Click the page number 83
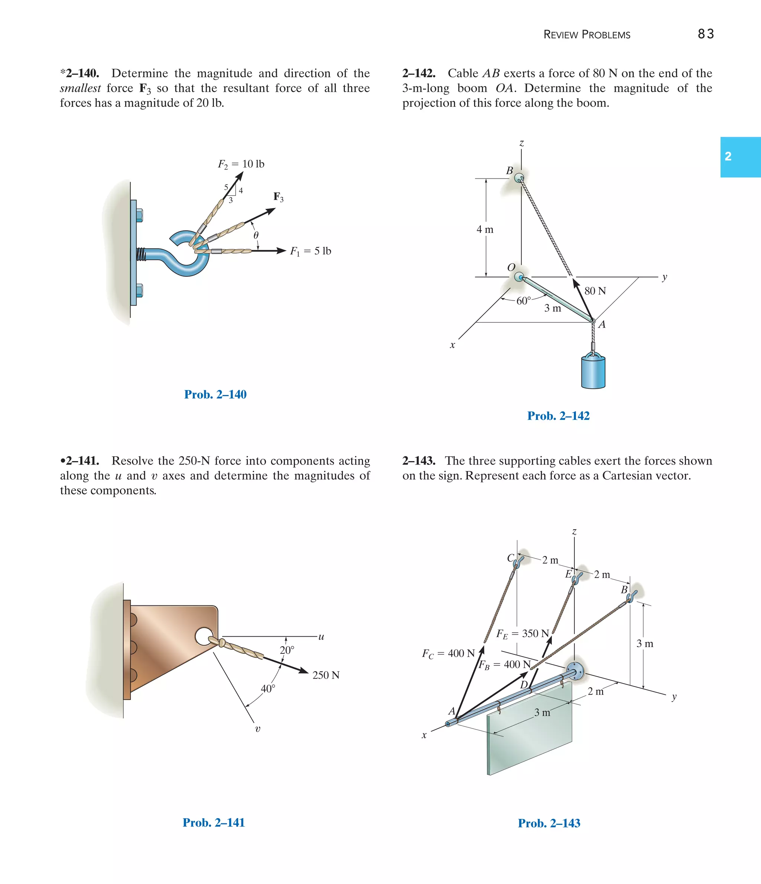click(x=706, y=34)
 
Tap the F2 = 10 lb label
click(x=241, y=164)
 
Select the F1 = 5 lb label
click(x=310, y=251)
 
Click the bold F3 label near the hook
click(x=278, y=197)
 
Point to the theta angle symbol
click(x=256, y=235)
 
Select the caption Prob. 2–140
click(x=215, y=394)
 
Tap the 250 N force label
click(x=326, y=675)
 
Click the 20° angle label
click(x=287, y=650)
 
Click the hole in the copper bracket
click(x=203, y=636)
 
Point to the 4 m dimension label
click(x=485, y=229)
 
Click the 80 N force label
click(x=595, y=291)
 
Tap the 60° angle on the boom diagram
click(x=524, y=301)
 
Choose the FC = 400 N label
click(x=448, y=654)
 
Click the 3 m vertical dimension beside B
click(x=645, y=644)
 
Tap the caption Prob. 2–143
click(x=549, y=823)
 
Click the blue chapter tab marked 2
click(x=740, y=157)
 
